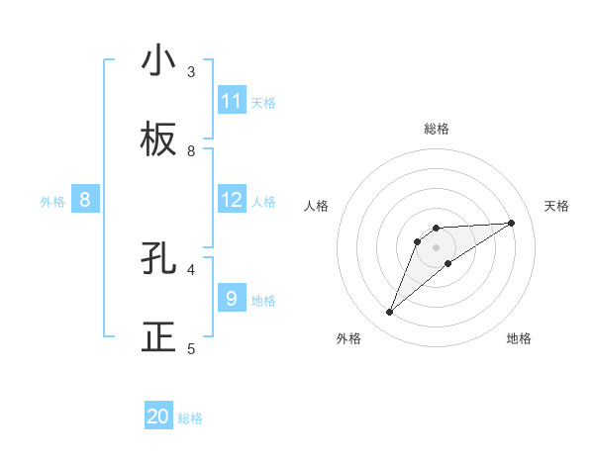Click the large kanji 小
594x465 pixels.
158,61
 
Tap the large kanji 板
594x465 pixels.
158,140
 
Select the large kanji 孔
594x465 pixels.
158,259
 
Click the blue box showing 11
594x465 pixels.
232,101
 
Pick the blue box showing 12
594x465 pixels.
232,201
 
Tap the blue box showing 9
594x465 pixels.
232,298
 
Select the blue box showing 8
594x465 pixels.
85,201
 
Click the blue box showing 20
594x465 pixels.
158,417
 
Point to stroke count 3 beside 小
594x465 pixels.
191,71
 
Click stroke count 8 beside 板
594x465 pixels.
191,150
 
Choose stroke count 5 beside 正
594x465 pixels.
191,348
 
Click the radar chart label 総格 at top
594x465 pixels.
436,129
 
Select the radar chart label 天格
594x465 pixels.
556,206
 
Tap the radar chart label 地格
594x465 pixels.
519,338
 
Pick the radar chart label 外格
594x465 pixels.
348,338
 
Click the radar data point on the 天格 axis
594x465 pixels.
511,223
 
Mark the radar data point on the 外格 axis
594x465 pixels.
389,313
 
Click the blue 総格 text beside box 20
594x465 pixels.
190,418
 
